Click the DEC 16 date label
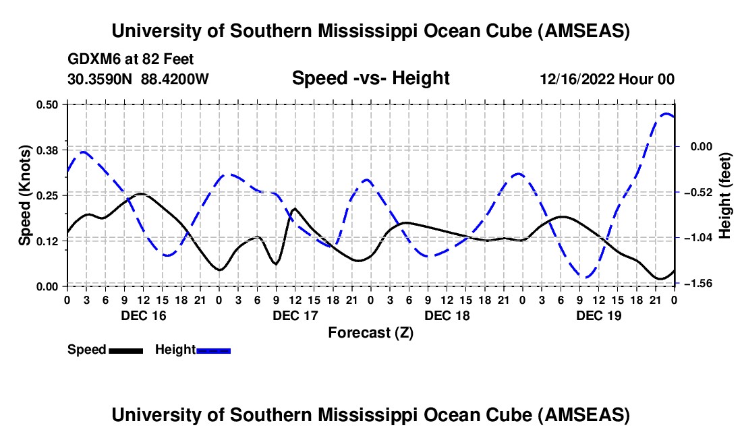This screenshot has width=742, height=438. [143, 315]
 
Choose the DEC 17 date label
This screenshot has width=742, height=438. [295, 315]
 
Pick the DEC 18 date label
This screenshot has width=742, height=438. [447, 315]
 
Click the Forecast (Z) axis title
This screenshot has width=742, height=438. [370, 332]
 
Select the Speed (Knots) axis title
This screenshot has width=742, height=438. [24, 195]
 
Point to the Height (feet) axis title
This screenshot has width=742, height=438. [725, 195]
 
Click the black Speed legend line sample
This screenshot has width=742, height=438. [125, 350]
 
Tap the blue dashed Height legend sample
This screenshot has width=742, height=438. [214, 350]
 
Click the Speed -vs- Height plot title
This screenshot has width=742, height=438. [370, 78]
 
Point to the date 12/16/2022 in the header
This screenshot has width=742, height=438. [575, 80]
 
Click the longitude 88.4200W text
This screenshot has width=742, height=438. [175, 80]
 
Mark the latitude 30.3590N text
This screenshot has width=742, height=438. [101, 80]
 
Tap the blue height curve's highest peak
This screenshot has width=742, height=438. [666, 114]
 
